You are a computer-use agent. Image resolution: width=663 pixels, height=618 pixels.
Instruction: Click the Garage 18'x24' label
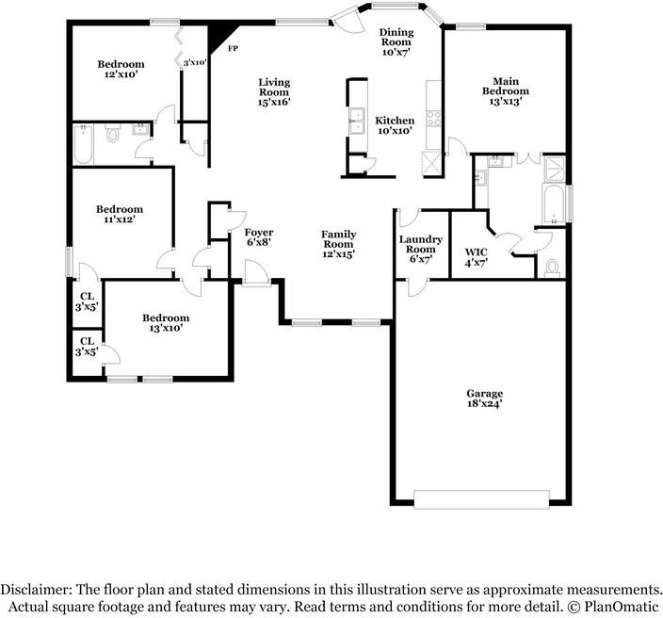[484, 398]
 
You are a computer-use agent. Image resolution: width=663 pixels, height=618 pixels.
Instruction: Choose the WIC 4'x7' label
[476, 257]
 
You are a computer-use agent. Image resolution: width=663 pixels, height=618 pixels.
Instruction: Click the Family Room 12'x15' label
[338, 243]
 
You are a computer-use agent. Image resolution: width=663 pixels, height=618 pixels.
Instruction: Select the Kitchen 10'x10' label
[395, 125]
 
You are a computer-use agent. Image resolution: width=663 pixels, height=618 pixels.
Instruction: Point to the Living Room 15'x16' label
[274, 92]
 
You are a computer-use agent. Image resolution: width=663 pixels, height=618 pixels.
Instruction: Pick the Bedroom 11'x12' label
[118, 214]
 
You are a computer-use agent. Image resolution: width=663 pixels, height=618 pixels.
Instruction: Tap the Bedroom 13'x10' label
[165, 323]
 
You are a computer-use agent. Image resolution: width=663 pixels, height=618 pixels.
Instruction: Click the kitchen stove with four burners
[433, 119]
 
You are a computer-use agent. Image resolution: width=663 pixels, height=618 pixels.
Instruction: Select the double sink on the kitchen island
[357, 120]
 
